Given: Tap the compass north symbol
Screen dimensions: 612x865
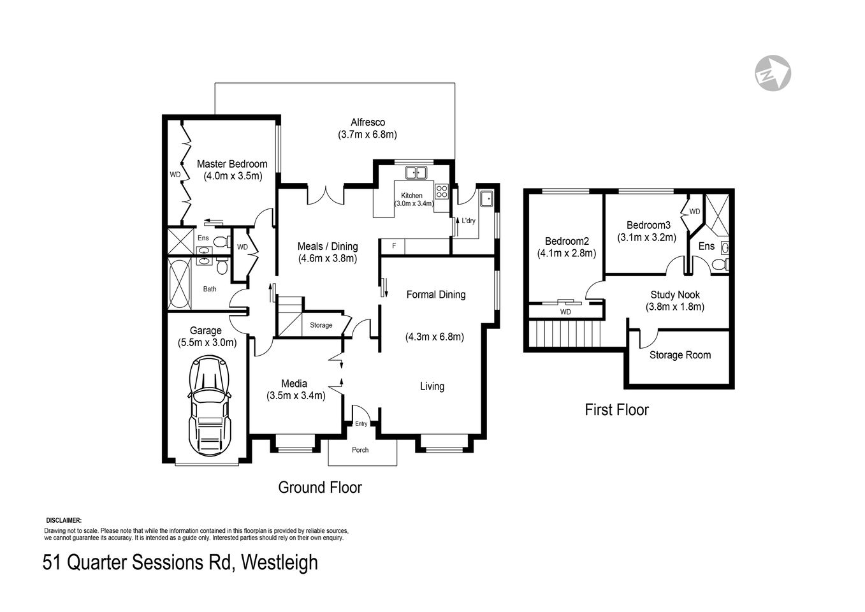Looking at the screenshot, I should coord(773,73).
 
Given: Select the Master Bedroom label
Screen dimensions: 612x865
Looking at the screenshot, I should coord(232,164).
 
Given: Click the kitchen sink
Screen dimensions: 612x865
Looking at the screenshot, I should coord(417,172).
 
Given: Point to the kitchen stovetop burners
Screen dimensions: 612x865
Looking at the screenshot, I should coord(442,191).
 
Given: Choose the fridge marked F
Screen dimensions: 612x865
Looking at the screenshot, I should coord(394,246).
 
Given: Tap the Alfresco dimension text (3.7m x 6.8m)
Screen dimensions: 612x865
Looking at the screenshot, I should coord(368,135).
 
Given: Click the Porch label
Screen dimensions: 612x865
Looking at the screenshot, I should coord(360,450).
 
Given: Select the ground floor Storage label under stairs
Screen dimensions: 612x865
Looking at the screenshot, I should coord(321,325).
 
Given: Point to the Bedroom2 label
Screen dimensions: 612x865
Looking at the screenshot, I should coord(567,241).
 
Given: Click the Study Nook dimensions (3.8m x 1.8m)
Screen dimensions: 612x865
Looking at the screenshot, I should coord(675,307).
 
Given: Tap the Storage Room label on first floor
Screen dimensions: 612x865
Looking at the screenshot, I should coord(680,355).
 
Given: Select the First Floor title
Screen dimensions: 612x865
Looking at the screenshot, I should coord(616,410).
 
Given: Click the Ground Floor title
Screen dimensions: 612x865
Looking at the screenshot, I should coord(320,488).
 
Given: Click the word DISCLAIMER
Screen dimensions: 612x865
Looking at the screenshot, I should coord(64,521).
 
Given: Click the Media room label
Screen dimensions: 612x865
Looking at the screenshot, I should coord(294,384).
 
